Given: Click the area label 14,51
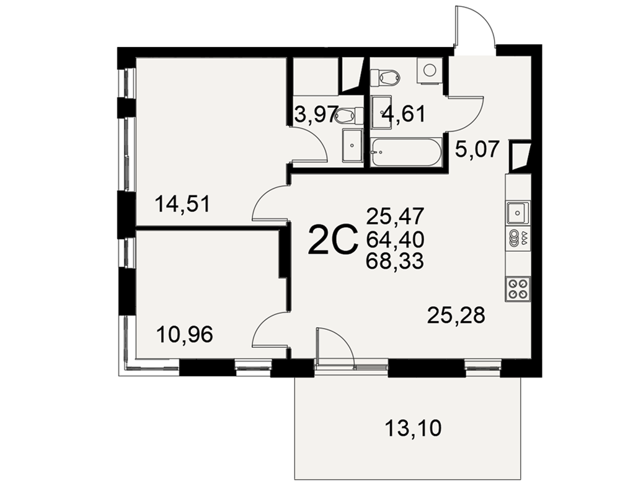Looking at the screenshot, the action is tap(182, 205).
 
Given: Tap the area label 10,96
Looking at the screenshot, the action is tap(185, 335).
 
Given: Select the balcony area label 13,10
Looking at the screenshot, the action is tap(413, 428).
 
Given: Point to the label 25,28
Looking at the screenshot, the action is tap(456, 315).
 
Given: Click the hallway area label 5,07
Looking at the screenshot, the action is tap(476, 149).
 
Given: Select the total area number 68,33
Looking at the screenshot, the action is tap(395, 261).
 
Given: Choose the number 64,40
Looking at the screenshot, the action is tap(395, 239).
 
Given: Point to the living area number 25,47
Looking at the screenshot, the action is tap(395, 216).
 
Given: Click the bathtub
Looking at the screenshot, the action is tap(405, 153).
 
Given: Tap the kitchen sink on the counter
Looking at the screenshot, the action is tap(518, 213).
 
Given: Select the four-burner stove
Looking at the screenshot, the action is tap(518, 289).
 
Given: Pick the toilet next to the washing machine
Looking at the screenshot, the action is tap(386, 76).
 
